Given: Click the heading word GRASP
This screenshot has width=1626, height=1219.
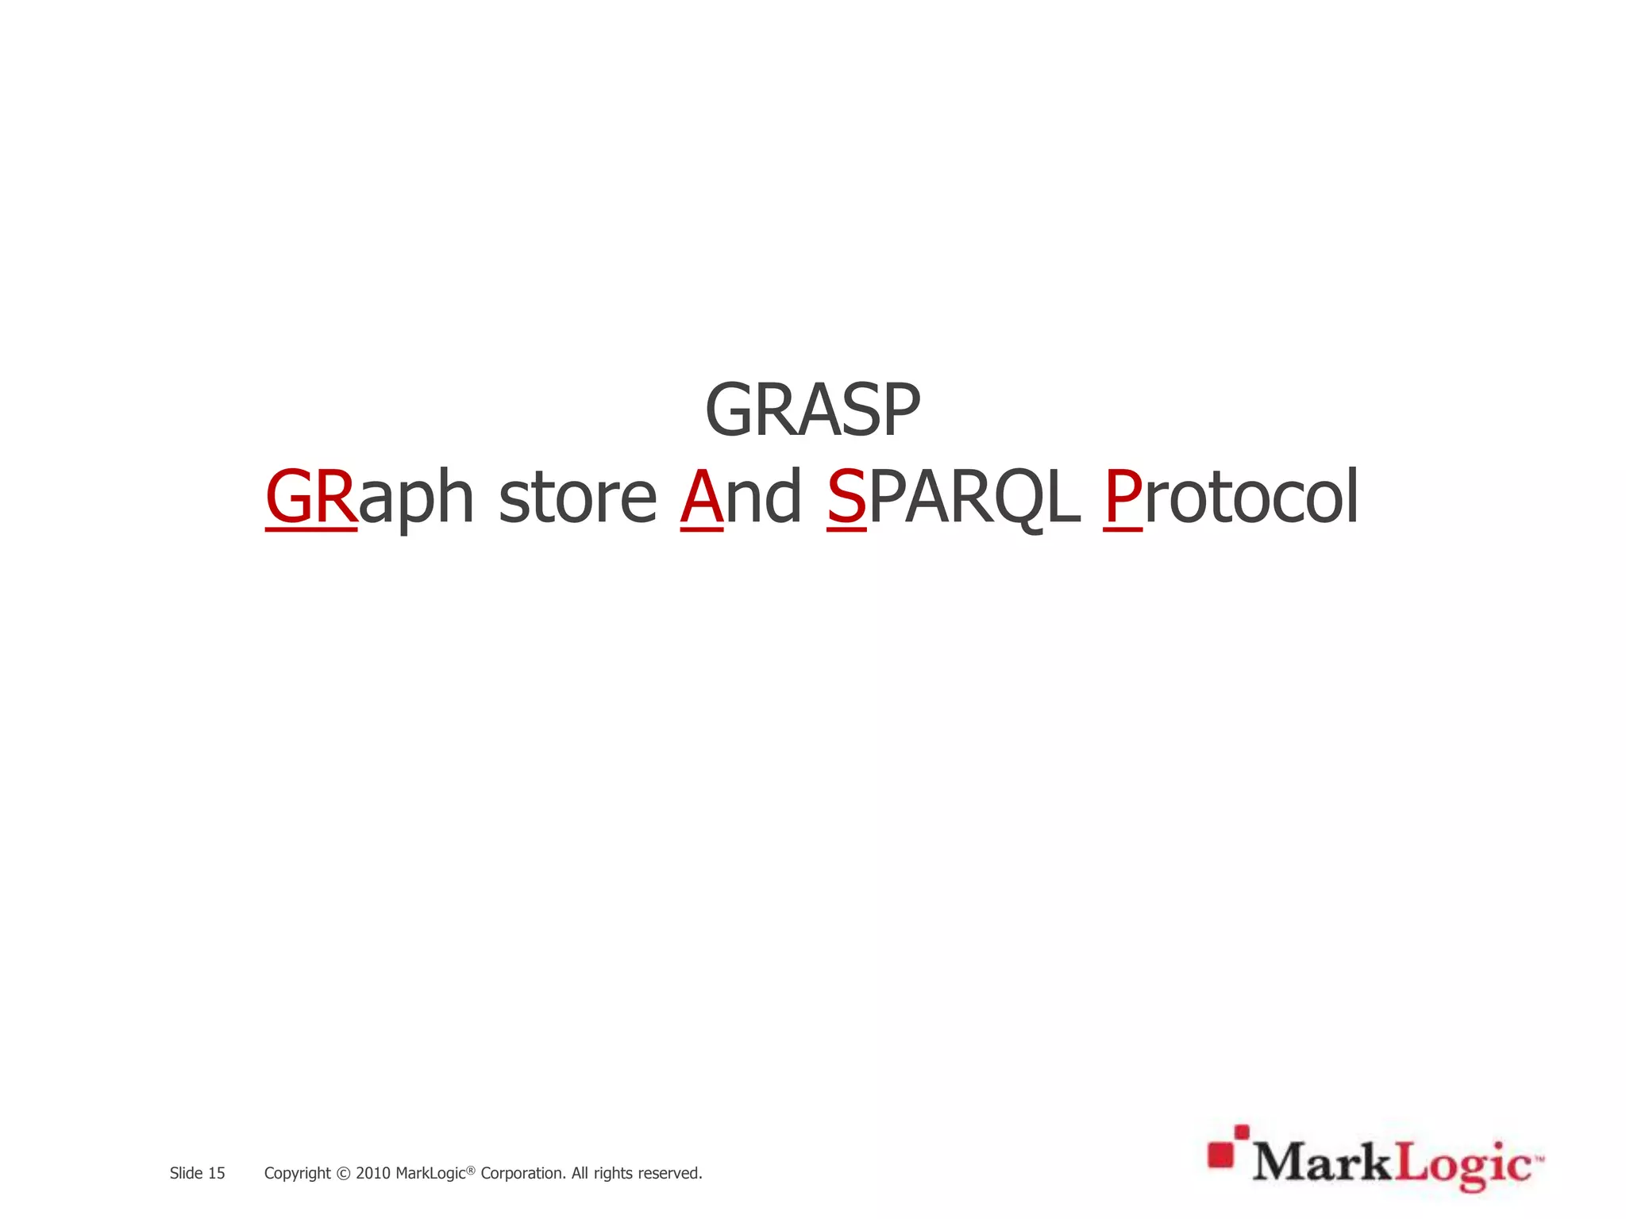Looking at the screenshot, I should pyautogui.click(x=812, y=410).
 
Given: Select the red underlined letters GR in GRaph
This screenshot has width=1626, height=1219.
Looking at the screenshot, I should pyautogui.click(x=310, y=497).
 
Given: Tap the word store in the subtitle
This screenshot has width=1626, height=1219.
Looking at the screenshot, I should pyautogui.click(x=577, y=498).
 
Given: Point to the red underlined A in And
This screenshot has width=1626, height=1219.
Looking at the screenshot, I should pyautogui.click(x=702, y=497).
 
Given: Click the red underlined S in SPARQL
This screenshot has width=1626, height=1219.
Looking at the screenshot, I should pyautogui.click(x=846, y=497).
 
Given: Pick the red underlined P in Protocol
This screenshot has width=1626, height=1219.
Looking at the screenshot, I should pyautogui.click(x=1123, y=497).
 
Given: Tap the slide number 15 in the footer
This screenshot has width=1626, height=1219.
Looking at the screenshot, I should pyautogui.click(x=216, y=1173).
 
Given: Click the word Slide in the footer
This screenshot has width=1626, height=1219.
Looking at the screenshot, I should pyautogui.click(x=186, y=1173).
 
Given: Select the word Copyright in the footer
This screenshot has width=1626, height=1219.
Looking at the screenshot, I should pyautogui.click(x=297, y=1174).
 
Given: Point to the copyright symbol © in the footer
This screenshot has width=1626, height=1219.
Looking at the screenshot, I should pyautogui.click(x=343, y=1174).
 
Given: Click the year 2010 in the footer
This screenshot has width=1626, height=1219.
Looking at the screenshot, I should pyautogui.click(x=372, y=1173).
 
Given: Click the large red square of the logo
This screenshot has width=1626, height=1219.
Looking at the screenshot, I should pyautogui.click(x=1221, y=1156).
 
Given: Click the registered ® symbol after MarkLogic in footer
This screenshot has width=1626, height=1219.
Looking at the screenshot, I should pyautogui.click(x=471, y=1169).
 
